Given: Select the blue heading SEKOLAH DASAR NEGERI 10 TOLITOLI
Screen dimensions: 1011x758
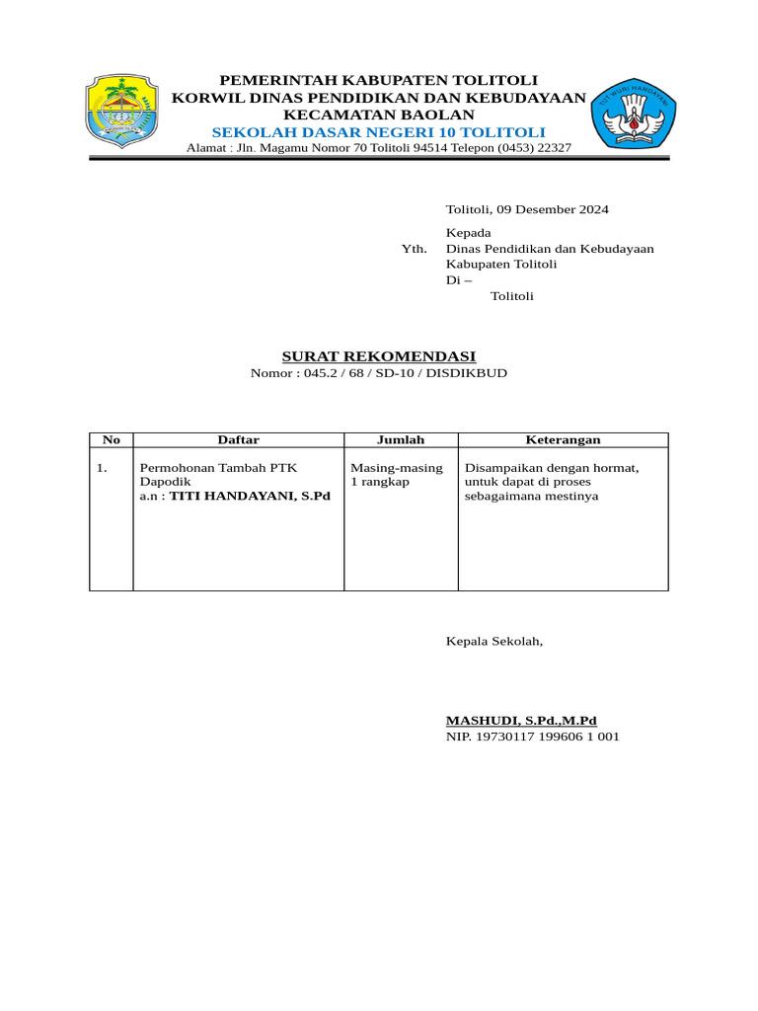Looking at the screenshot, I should coord(379,132).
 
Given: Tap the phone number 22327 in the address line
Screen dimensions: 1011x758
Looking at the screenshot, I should coord(554,148).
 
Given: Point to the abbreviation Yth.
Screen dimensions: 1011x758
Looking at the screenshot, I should coord(415,249).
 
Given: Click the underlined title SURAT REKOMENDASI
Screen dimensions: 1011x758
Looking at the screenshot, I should coord(379,356).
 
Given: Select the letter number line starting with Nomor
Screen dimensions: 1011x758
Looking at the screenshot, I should coord(379,373).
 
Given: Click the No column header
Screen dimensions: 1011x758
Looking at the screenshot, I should coord(111,440).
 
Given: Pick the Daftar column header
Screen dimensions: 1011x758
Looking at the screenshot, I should coord(238,440).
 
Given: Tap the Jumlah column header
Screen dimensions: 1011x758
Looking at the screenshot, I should coord(401,440).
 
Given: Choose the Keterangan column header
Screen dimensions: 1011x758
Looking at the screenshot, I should coord(563,440).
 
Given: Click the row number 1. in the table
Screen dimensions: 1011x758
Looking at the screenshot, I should coord(103,468).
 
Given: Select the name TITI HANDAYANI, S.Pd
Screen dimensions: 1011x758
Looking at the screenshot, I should coord(250,497).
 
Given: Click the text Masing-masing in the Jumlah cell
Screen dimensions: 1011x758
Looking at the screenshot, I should coord(397,468).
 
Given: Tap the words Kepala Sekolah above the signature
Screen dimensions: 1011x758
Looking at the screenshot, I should coord(494,642).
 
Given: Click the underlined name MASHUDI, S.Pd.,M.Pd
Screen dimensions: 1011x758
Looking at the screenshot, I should coord(521,721).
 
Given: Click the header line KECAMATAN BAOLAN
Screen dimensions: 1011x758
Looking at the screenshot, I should coord(379,115).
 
